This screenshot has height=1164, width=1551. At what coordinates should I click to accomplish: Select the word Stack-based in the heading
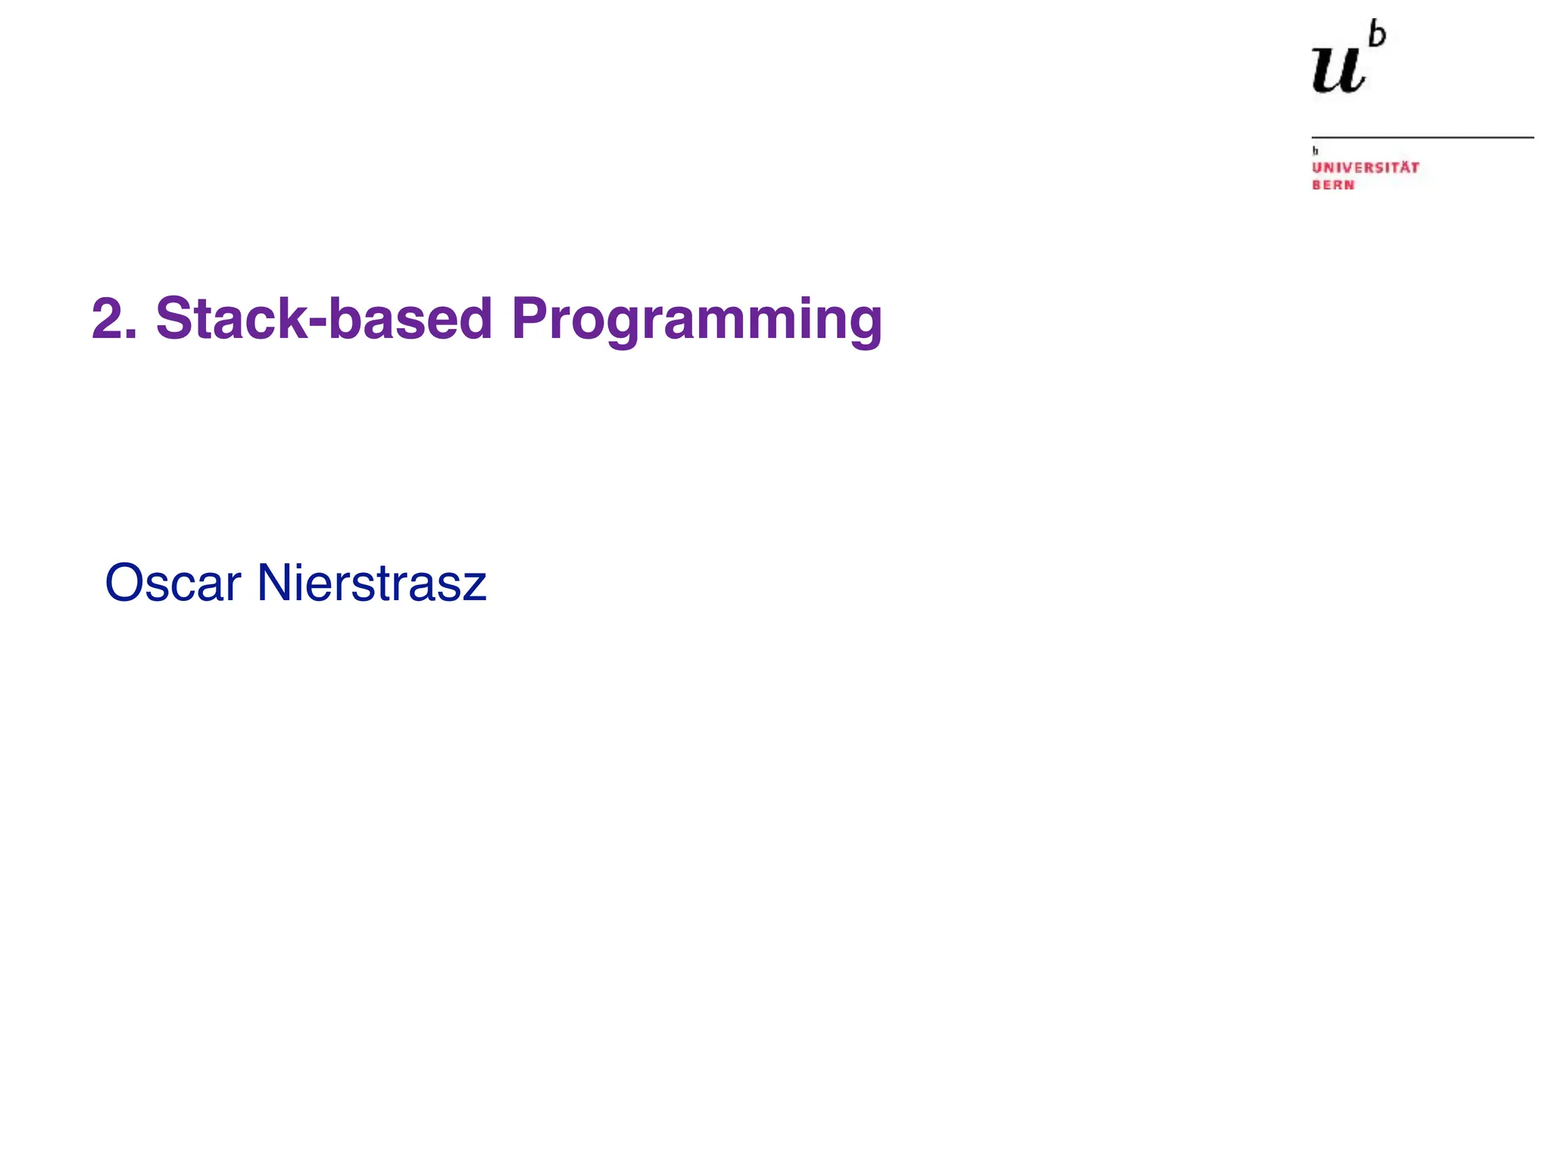tap(324, 319)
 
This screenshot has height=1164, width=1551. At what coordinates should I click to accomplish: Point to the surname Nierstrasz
tap(371, 584)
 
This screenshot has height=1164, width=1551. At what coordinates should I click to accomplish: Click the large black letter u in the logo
tap(1338, 70)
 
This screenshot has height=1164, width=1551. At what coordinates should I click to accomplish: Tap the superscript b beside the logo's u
tap(1378, 36)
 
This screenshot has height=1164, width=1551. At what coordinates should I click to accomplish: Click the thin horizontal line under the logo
tap(1422, 137)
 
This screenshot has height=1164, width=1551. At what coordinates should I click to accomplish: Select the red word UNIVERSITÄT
tap(1365, 167)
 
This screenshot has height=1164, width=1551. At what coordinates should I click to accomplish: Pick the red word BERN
tap(1333, 185)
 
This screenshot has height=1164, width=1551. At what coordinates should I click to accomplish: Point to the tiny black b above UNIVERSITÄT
tap(1315, 151)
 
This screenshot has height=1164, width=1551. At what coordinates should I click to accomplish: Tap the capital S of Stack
tap(173, 319)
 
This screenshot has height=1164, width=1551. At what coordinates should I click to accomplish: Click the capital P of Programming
tap(531, 319)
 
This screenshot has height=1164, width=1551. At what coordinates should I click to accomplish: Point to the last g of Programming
tap(864, 326)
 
